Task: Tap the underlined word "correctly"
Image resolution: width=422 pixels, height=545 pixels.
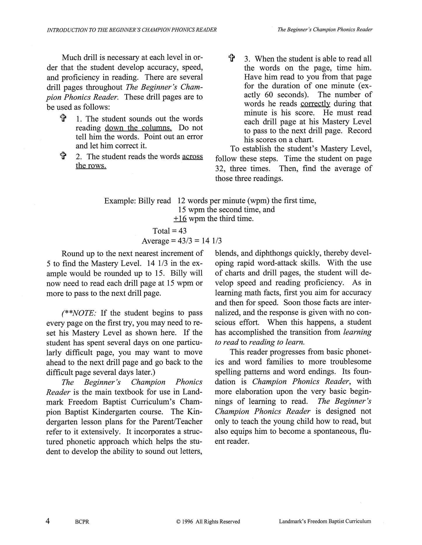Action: (x=315, y=104)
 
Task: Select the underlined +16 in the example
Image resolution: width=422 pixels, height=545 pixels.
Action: (x=180, y=219)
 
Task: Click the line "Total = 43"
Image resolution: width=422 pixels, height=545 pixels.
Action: (x=169, y=231)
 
